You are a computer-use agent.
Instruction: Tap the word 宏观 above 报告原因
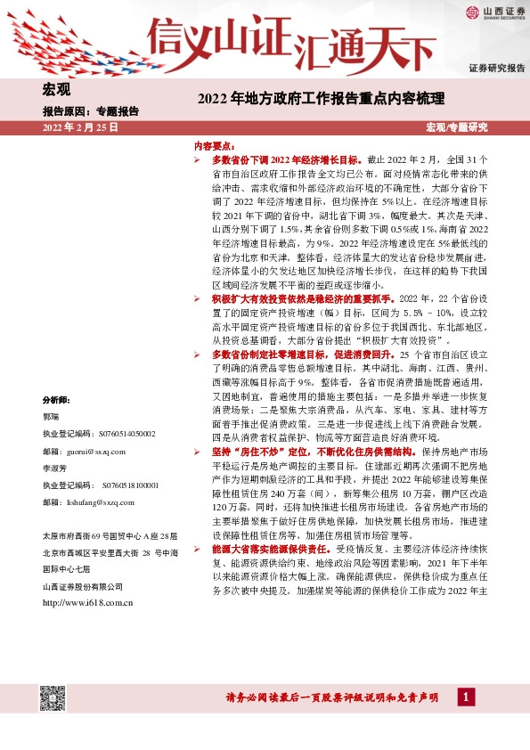(x=56, y=88)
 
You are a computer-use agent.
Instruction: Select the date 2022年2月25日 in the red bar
(x=80, y=127)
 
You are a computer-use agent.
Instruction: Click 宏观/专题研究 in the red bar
(x=457, y=127)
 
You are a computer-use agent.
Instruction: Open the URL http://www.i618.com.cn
(x=88, y=603)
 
